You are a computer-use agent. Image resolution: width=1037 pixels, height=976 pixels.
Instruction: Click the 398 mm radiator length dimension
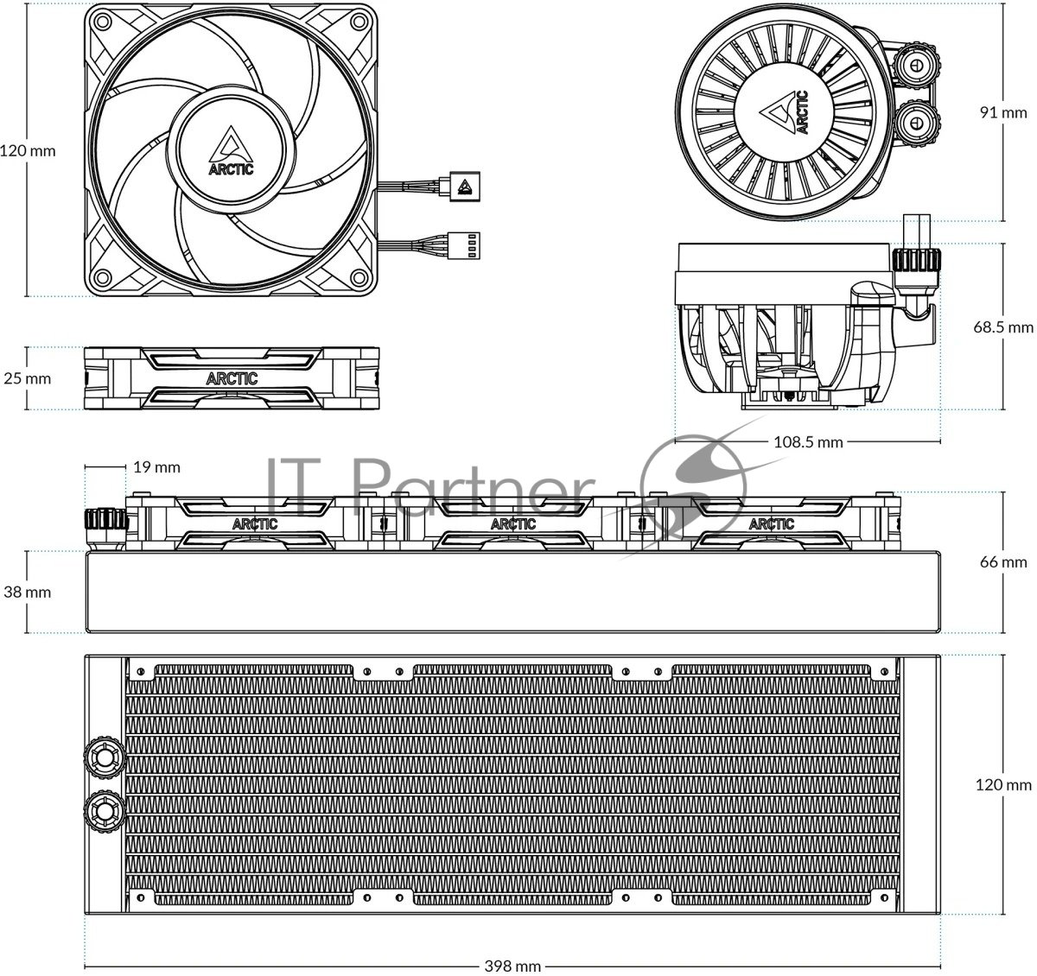pyautogui.click(x=512, y=966)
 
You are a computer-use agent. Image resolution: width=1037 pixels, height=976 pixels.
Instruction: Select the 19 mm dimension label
pyautogui.click(x=156, y=466)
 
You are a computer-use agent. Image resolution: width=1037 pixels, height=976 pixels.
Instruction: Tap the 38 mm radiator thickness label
pyautogui.click(x=27, y=592)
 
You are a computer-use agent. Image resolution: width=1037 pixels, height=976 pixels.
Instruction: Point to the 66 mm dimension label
pyautogui.click(x=1003, y=561)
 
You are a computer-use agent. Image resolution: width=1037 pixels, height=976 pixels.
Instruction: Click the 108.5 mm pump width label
pyautogui.click(x=808, y=442)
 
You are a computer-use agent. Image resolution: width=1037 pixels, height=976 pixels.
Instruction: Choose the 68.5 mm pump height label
pyautogui.click(x=1002, y=327)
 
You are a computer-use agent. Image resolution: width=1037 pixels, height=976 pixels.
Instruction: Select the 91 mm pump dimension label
pyautogui.click(x=1003, y=112)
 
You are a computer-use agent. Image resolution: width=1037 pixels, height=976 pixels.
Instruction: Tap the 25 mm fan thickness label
pyautogui.click(x=27, y=378)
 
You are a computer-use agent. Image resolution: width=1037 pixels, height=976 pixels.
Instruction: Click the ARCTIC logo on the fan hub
pyautogui.click(x=231, y=151)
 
